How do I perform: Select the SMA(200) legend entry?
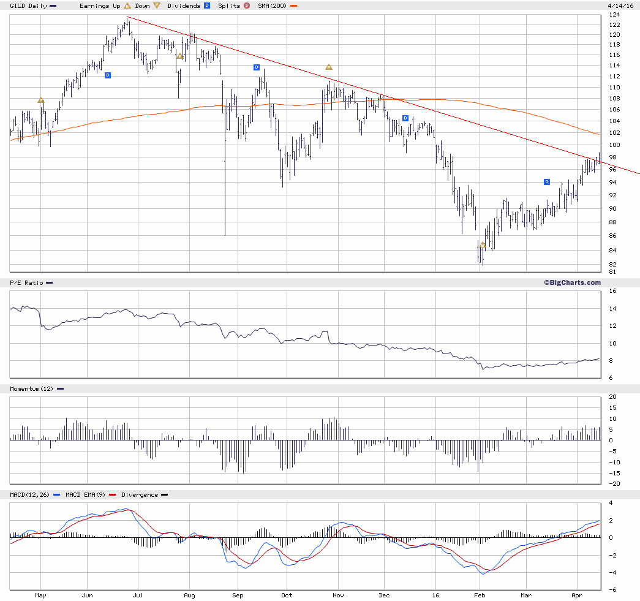(x=273, y=6)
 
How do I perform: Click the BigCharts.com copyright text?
(x=572, y=282)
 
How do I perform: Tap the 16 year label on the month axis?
(x=435, y=594)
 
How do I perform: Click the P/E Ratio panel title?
(x=26, y=282)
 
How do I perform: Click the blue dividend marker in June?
(x=108, y=75)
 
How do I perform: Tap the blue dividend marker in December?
(x=405, y=118)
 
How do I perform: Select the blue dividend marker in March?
(x=547, y=182)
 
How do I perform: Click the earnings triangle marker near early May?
(x=41, y=100)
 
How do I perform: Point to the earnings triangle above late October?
(x=328, y=67)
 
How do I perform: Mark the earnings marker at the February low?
(x=483, y=245)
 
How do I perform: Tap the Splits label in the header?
(x=229, y=6)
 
